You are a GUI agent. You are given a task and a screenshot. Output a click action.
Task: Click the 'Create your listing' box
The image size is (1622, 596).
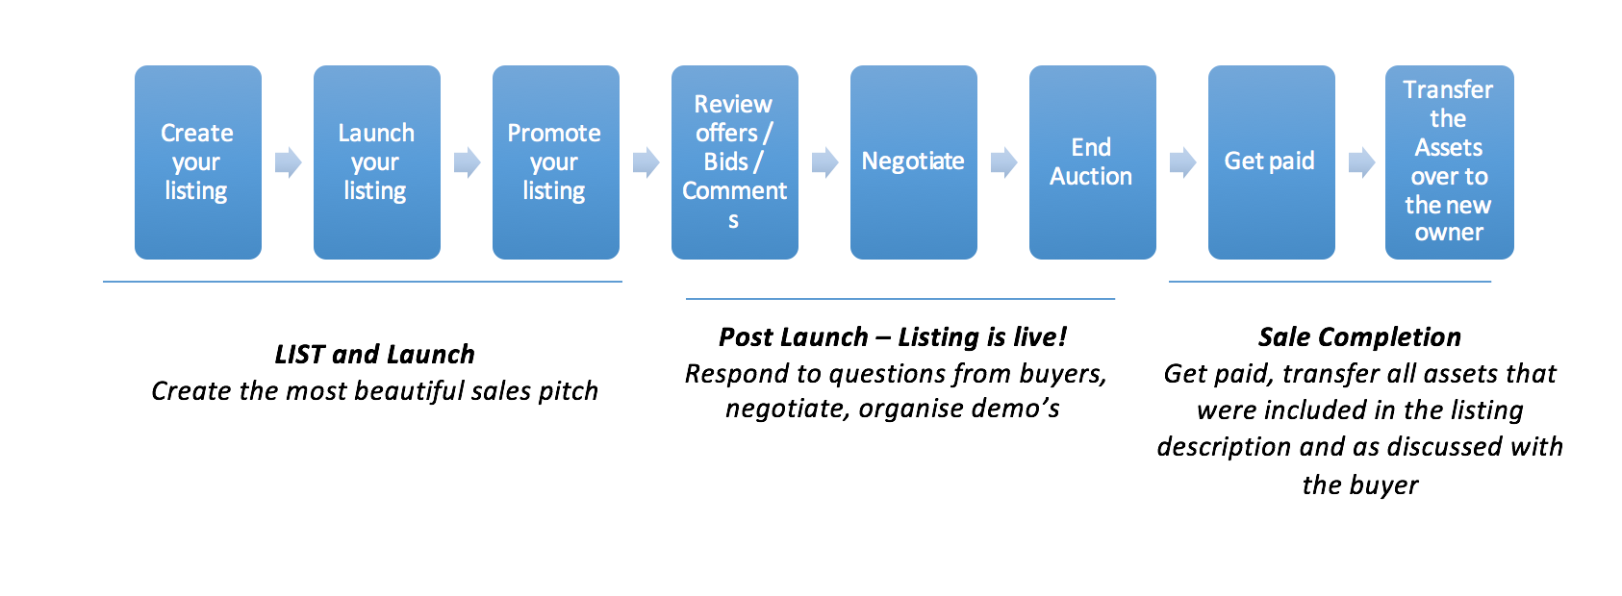[x=197, y=161]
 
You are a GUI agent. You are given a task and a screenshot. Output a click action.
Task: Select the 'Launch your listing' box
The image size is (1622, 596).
[x=376, y=161]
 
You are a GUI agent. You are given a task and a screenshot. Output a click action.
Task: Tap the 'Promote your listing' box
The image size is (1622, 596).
[x=555, y=161]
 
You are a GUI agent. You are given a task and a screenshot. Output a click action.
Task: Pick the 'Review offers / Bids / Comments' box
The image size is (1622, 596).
[x=734, y=161]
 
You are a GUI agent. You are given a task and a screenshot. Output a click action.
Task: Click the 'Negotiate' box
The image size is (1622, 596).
[x=913, y=161]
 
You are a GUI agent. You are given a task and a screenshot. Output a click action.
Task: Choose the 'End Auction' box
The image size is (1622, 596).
[x=1092, y=161]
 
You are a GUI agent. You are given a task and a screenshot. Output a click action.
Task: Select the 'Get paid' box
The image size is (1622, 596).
[x=1271, y=161]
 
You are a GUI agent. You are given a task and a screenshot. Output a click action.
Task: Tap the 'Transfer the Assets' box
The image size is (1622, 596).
[x=1449, y=161]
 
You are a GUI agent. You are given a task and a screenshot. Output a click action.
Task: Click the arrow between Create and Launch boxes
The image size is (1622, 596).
[x=288, y=162]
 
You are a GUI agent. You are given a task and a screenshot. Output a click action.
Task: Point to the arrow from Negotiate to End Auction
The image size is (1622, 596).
[x=1003, y=162]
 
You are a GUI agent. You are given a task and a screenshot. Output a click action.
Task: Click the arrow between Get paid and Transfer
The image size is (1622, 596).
[x=1361, y=162]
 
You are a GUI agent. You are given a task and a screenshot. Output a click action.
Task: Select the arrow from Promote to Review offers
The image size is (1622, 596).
[x=646, y=162]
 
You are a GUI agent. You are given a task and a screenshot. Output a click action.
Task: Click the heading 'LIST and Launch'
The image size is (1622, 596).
[x=374, y=355]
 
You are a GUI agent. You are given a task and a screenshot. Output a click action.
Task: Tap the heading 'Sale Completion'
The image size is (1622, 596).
[x=1359, y=337]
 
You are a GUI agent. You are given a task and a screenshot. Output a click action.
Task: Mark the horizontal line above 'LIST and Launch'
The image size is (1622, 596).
[x=362, y=282]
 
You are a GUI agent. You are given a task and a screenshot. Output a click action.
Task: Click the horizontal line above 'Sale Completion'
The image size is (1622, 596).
[x=1330, y=282]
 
